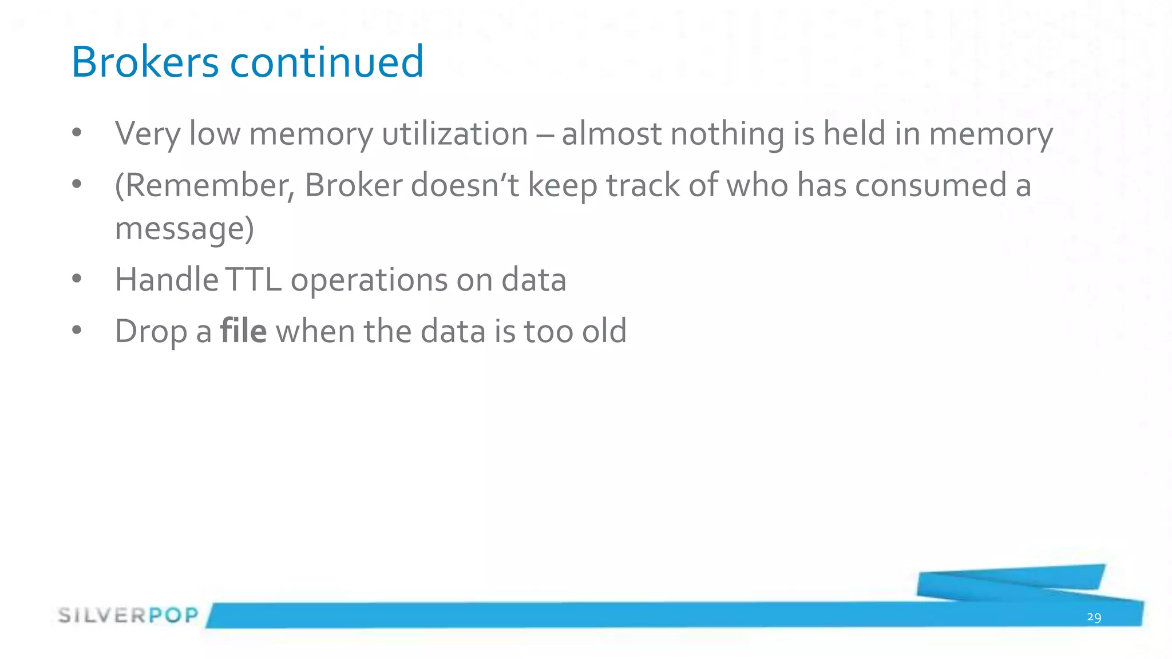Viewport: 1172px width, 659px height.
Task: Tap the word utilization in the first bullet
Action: point(455,134)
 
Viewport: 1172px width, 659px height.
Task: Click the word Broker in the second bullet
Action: point(353,186)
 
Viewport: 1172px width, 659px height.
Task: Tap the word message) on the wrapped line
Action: point(184,229)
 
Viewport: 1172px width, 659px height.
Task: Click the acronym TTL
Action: point(254,280)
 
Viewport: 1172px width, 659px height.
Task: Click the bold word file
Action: point(243,331)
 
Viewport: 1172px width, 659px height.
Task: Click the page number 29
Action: point(1094,617)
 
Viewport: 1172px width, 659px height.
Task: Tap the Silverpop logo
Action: point(128,616)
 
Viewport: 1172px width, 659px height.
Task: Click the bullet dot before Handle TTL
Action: point(77,279)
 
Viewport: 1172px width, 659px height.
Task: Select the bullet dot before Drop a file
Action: point(77,330)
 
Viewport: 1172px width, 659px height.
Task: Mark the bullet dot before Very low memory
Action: point(77,133)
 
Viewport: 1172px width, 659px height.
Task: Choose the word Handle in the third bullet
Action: point(167,280)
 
